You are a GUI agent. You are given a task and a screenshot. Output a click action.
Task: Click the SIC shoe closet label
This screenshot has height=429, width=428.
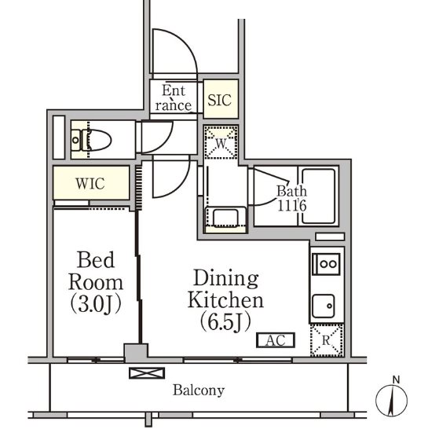coord(219,100)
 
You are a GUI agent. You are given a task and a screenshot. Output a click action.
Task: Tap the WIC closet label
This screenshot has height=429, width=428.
coord(90,184)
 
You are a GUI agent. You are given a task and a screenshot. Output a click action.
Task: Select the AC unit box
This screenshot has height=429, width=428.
coord(276,340)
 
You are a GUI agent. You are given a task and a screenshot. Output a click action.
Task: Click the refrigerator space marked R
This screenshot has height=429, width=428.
coord(327,340)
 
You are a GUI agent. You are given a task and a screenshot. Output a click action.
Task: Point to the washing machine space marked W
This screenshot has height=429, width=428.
coord(221,142)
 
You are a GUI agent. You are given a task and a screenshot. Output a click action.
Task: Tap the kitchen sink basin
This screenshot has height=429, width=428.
coord(324,306)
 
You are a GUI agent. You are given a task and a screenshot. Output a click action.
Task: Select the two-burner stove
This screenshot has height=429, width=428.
coord(327,264)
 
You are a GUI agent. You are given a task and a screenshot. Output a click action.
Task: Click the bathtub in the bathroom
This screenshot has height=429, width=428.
coord(319,196)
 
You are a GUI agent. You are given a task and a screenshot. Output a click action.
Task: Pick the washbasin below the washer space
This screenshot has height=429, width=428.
coord(225,218)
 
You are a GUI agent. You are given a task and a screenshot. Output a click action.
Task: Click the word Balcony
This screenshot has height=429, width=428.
coord(199,390)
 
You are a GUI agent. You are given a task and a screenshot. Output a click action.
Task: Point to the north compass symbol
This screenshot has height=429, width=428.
coord(392,401)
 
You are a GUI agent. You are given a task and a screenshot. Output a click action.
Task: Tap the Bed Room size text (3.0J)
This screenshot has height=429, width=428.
coord(96,304)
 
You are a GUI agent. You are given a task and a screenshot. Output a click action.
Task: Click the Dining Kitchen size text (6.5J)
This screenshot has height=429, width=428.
coord(225,322)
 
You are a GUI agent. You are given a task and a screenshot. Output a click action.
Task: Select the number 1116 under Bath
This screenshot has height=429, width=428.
coord(292,206)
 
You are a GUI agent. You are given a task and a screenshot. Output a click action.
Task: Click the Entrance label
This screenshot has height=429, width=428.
coord(174,98)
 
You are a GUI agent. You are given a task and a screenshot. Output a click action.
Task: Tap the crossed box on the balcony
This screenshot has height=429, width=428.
coord(147,373)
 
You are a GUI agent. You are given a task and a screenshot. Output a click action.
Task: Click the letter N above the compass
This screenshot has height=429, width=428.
coord(396,379)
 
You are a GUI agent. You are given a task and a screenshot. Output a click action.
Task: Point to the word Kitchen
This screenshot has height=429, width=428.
coord(225,300)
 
